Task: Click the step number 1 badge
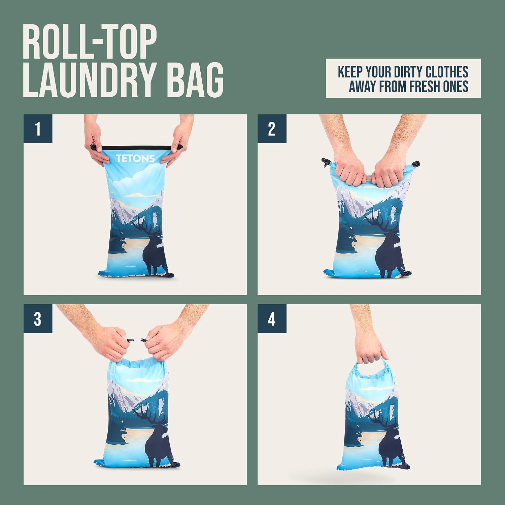coord(38,129)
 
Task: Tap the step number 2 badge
coord(272,129)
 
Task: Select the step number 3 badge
coord(38,319)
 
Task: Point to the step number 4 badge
coord(272,319)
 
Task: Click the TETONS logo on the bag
coord(135,158)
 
